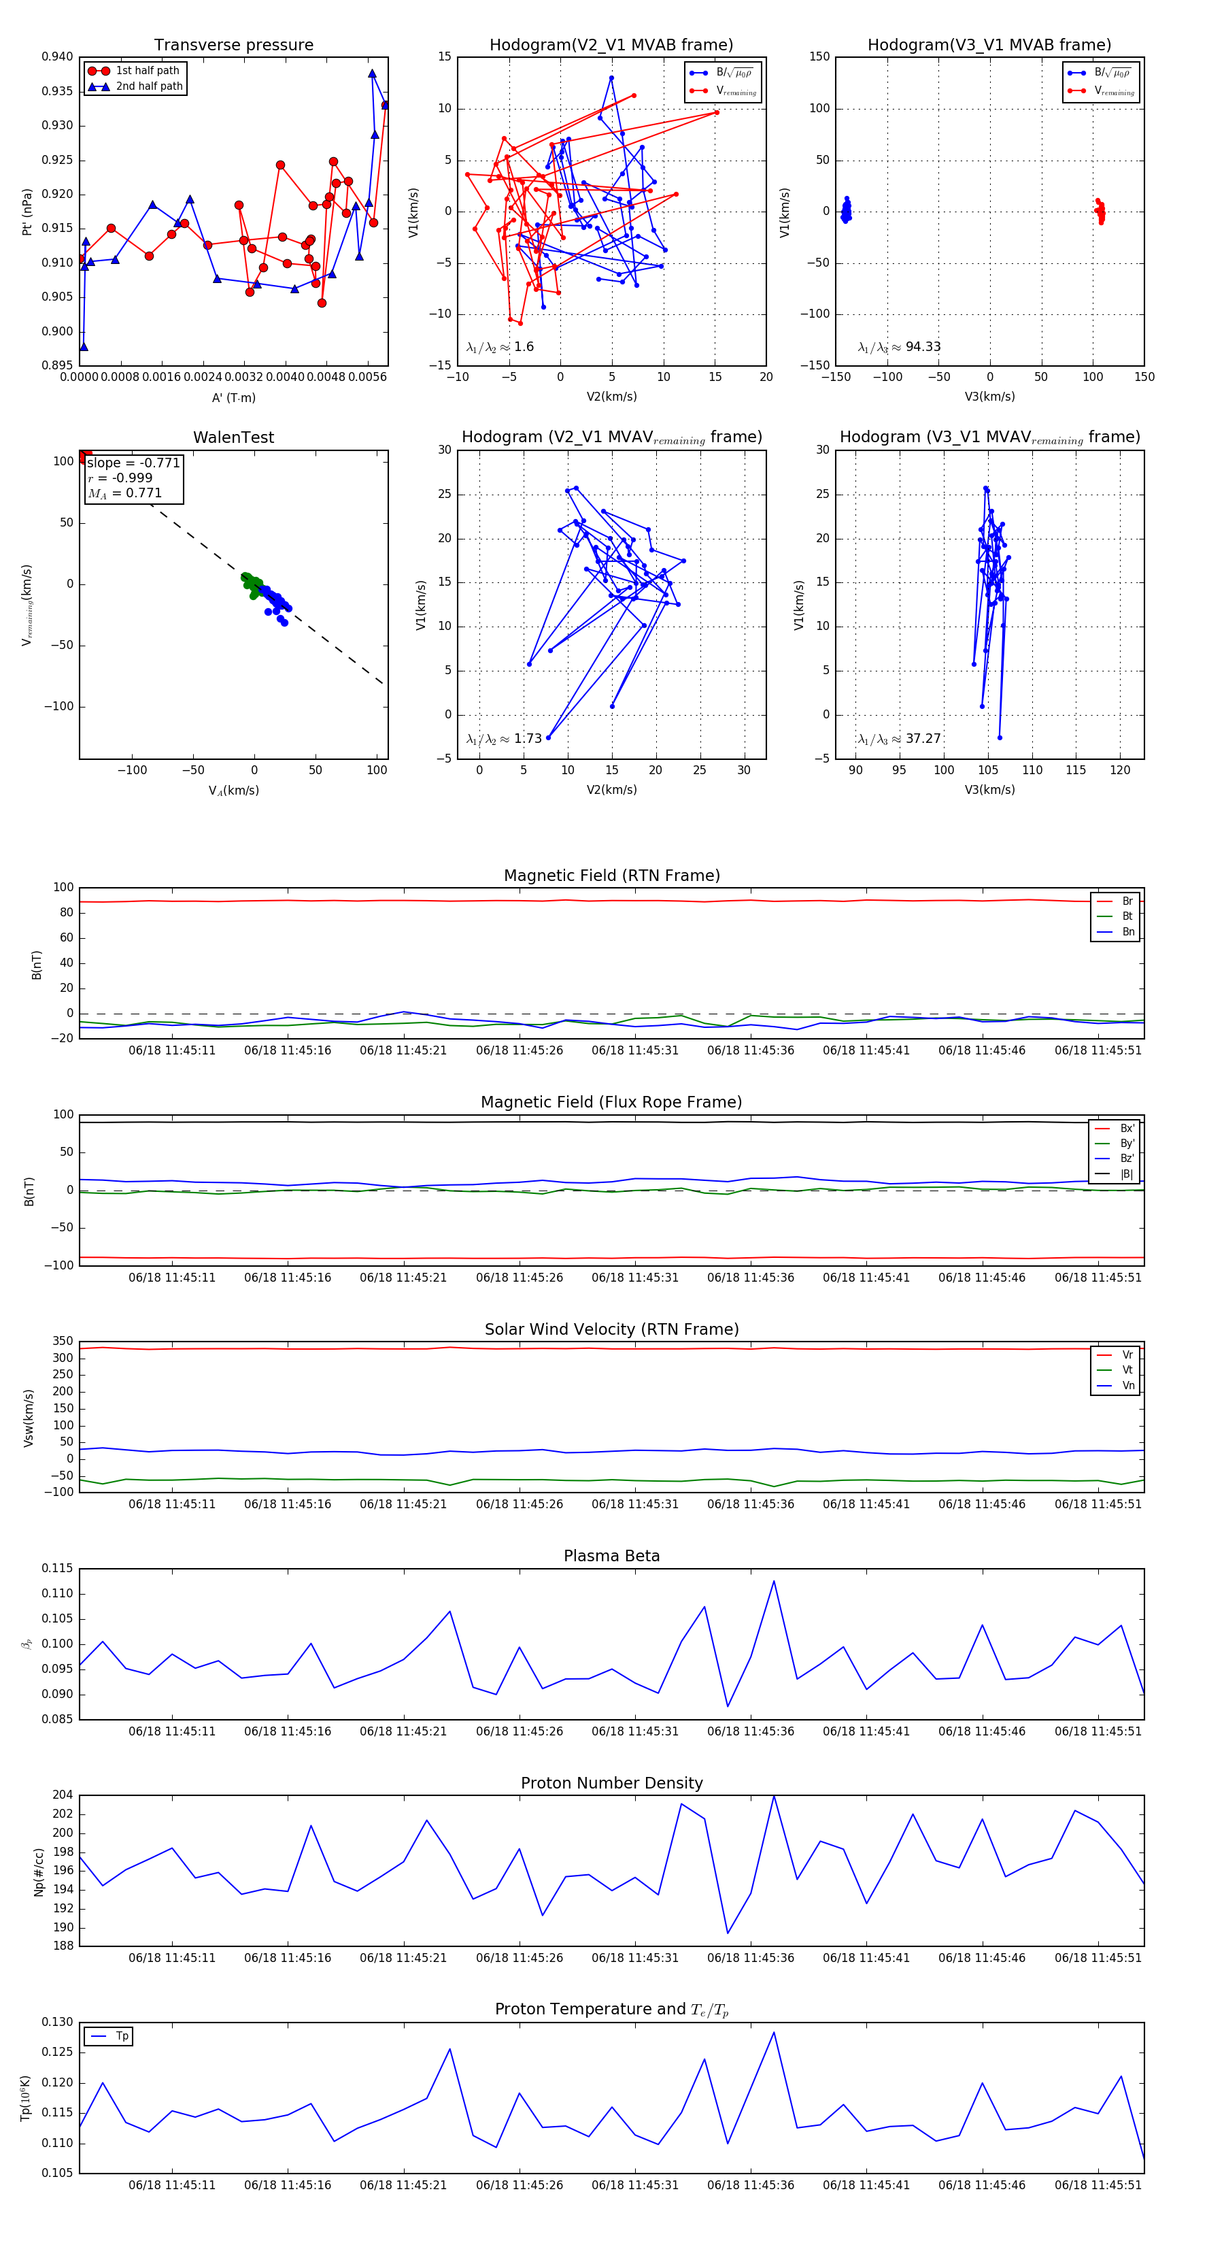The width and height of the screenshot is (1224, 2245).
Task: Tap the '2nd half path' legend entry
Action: tap(149, 86)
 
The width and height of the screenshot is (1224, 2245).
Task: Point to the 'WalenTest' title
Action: tap(233, 437)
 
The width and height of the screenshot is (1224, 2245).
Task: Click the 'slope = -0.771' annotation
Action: tap(133, 463)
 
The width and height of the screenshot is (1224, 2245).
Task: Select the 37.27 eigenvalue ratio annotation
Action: tap(899, 739)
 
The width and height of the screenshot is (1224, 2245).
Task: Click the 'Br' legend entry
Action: tap(1127, 901)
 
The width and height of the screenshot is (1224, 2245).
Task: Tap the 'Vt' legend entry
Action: tap(1127, 1370)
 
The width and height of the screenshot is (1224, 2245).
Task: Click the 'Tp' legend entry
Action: tap(122, 2036)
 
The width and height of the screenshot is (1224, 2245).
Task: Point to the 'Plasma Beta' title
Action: tap(611, 1556)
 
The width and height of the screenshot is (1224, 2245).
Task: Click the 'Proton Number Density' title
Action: tap(611, 1783)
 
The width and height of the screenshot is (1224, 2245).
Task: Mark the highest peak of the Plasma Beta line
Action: tap(774, 1582)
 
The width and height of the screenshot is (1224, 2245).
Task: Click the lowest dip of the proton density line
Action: tap(728, 1933)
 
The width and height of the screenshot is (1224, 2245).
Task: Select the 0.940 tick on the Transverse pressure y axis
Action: tap(58, 56)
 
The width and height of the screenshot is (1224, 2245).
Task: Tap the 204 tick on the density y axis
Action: tap(63, 1795)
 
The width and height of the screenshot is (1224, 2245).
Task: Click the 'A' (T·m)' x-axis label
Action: tap(233, 397)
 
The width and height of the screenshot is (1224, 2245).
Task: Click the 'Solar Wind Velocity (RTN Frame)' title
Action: tap(611, 1329)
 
